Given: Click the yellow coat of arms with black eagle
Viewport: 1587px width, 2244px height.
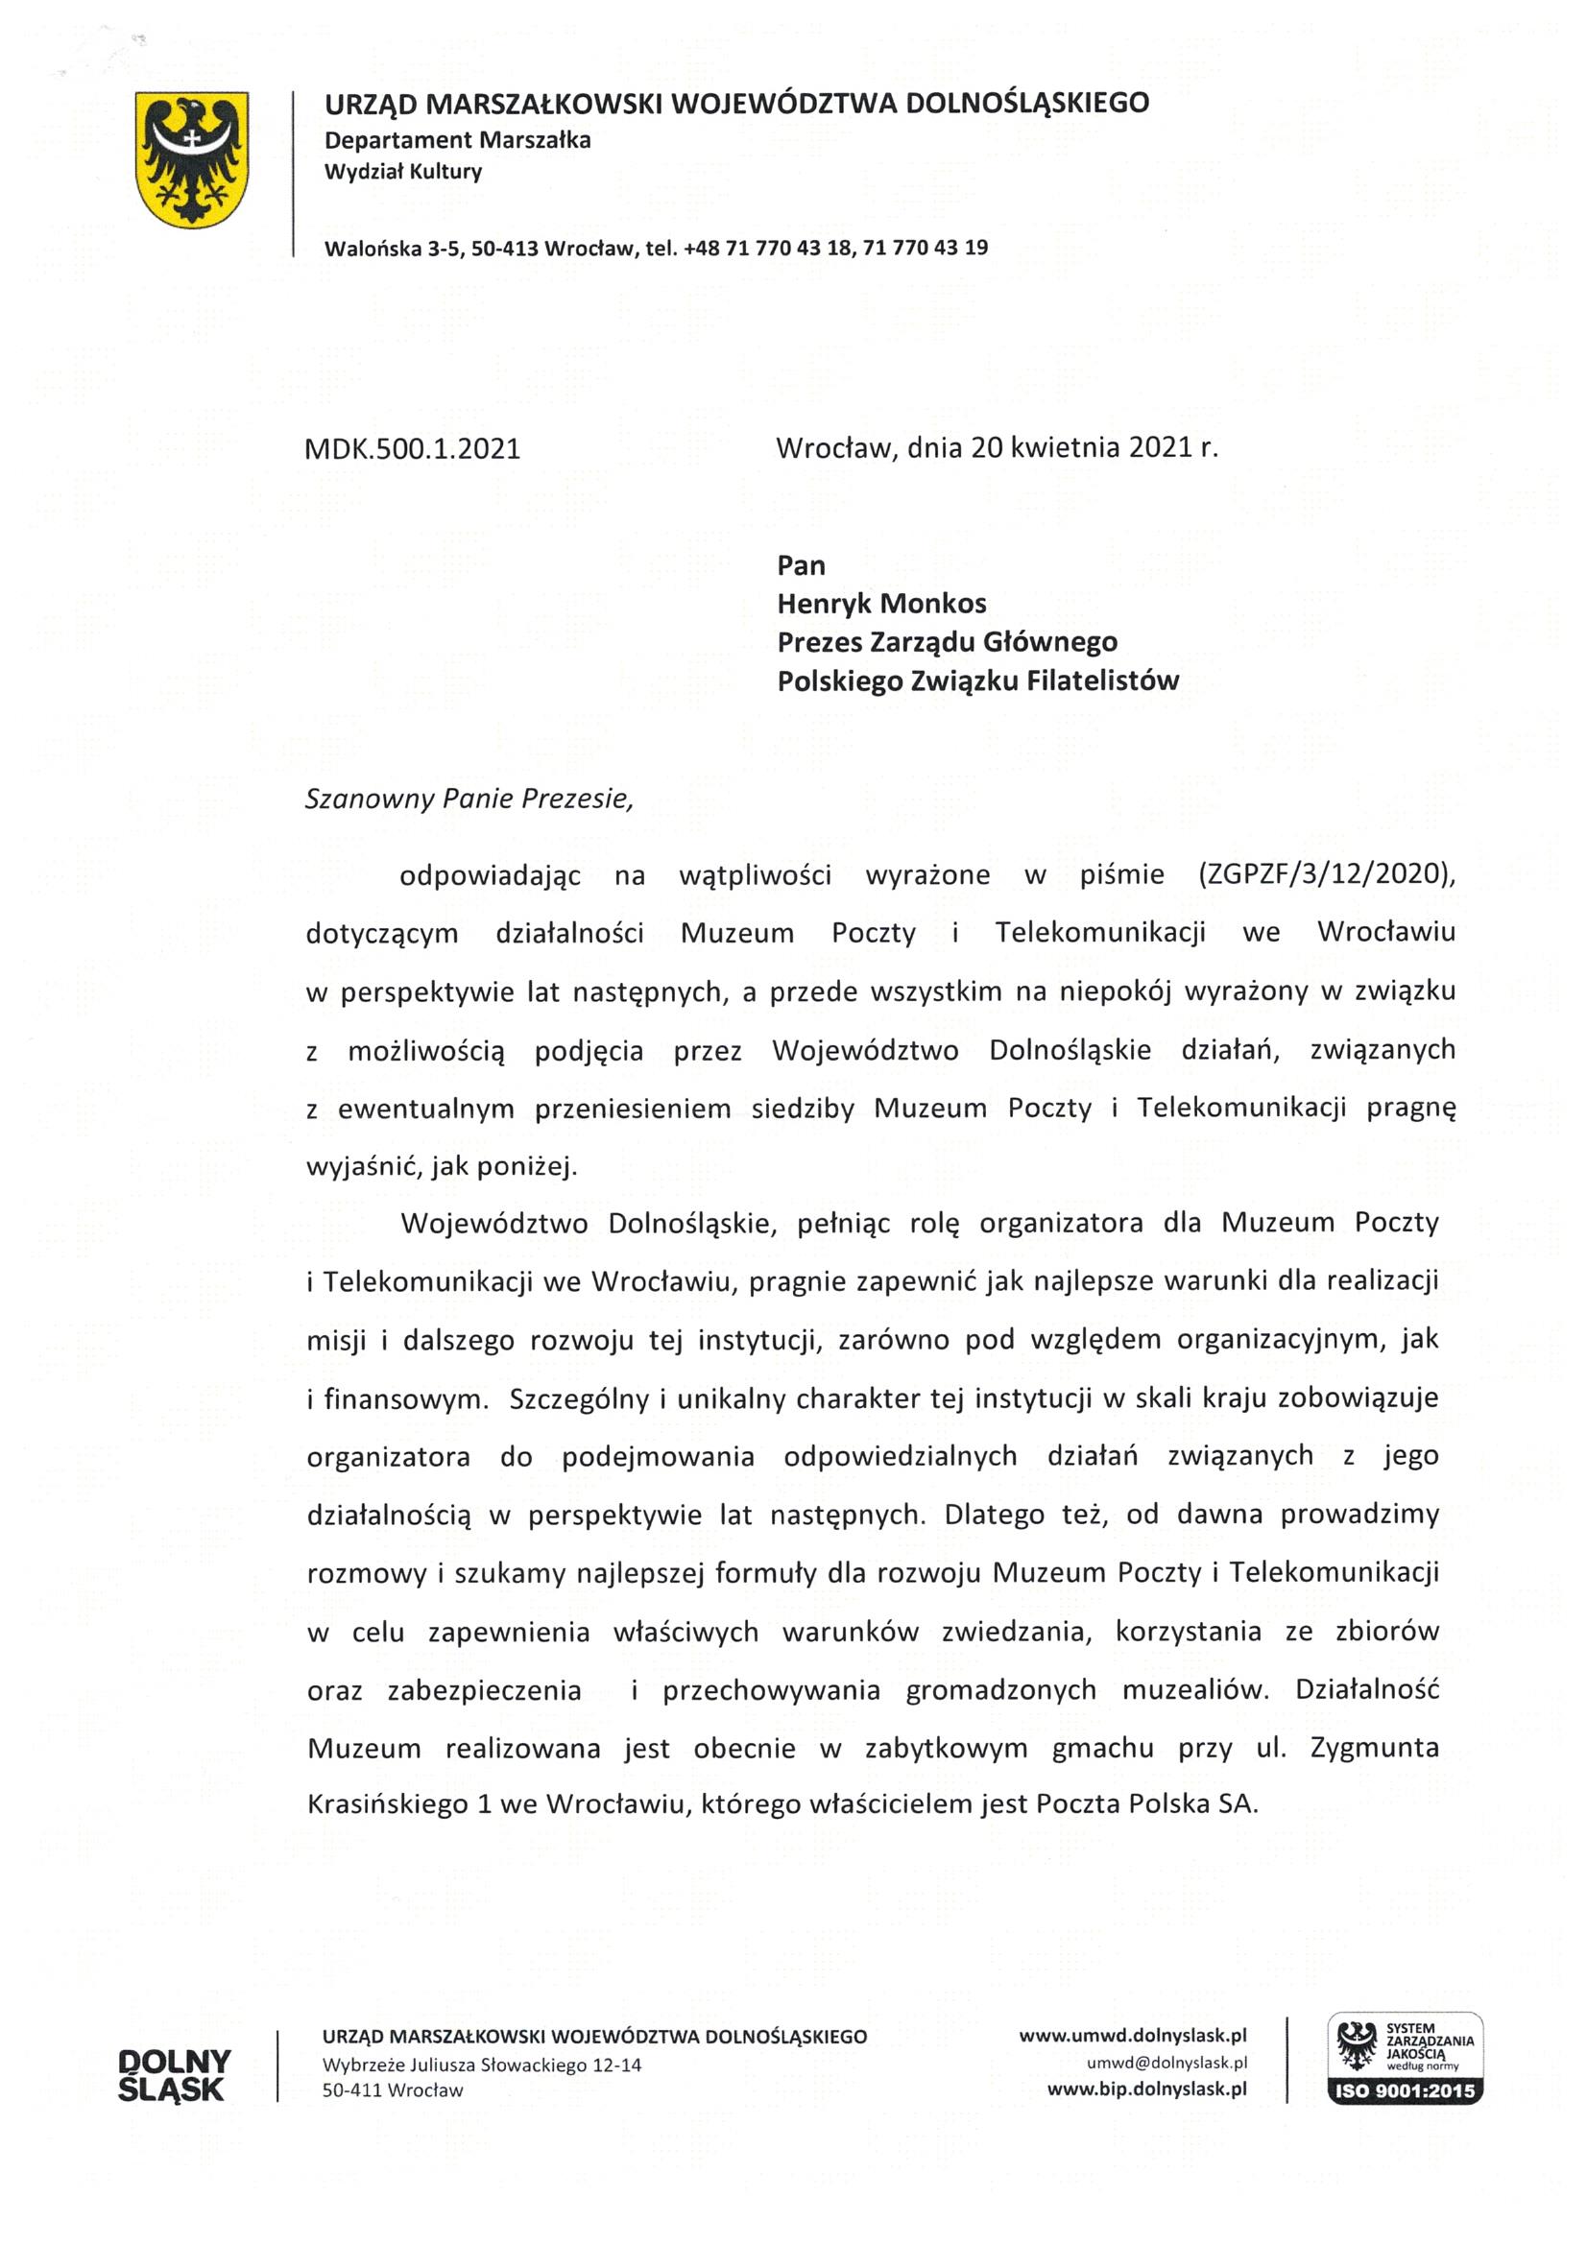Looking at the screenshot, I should [x=192, y=159].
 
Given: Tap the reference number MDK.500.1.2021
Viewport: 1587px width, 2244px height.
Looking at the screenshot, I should [x=413, y=448].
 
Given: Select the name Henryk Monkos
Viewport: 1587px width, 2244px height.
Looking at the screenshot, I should [x=881, y=603].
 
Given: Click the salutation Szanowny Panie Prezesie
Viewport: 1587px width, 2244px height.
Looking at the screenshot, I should [x=469, y=799].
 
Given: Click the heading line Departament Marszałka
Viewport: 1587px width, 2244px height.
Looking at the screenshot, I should [x=458, y=140].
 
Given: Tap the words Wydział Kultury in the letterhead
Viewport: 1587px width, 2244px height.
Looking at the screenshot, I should [x=403, y=172].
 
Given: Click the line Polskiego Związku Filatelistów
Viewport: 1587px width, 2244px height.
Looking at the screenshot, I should [x=977, y=680].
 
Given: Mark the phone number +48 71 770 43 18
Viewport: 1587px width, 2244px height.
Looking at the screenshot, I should [x=768, y=248].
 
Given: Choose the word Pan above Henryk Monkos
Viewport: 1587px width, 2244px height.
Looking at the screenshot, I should [x=801, y=565].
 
